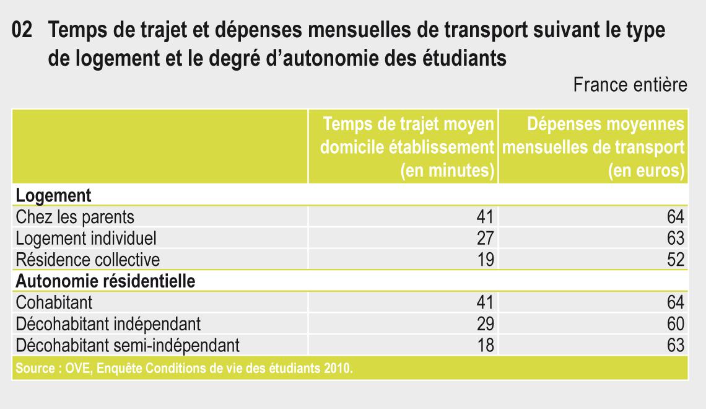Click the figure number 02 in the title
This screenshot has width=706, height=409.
point(22,30)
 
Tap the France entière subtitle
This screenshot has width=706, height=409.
point(630,85)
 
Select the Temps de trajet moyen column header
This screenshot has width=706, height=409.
point(407,147)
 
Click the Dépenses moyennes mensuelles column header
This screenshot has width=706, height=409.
point(593,147)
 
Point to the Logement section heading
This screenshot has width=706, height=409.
point(53,195)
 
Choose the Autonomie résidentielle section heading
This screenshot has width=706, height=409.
point(105,281)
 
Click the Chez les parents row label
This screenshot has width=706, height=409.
point(75,217)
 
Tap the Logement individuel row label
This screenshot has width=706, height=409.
point(86,239)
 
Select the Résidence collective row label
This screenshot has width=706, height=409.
point(88,260)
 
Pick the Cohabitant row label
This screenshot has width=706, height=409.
point(54,302)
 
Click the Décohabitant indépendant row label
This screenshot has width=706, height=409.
point(108,324)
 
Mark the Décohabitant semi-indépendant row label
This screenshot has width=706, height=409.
point(128,346)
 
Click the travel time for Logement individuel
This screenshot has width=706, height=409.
point(486,239)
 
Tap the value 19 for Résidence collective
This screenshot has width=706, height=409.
point(486,260)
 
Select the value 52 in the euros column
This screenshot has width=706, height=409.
point(676,260)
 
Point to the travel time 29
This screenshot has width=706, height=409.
point(486,324)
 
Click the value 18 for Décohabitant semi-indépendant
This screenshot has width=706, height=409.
point(486,346)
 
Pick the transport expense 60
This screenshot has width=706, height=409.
point(676,324)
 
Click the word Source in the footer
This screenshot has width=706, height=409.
point(35,368)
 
